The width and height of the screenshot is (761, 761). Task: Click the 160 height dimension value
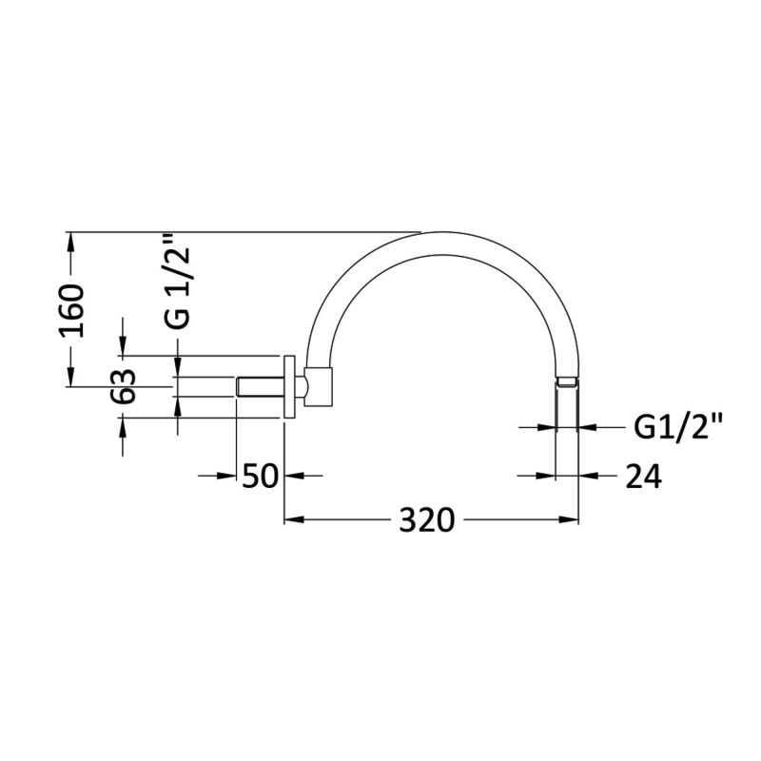pos(72,309)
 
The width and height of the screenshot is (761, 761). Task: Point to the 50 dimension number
pos(260,475)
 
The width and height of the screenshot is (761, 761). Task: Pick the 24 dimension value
pos(644,475)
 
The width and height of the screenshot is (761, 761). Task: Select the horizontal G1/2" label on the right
pos(678,428)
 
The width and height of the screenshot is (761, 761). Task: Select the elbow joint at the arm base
pos(320,385)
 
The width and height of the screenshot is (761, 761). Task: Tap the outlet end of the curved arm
pos(567,382)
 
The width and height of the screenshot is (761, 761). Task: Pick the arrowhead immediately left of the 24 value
pos(589,475)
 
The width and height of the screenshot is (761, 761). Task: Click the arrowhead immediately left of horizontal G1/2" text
pos(589,428)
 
